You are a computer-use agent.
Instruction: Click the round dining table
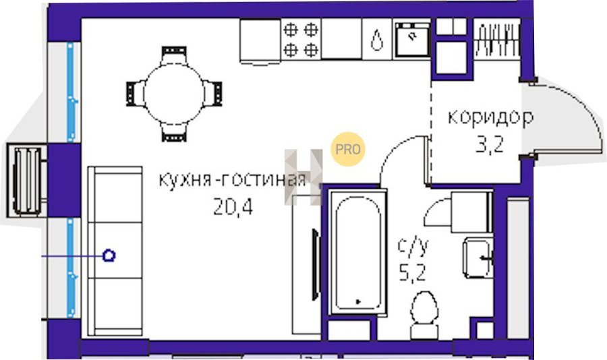pos(174,94)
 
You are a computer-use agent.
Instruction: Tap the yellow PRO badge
pos(347,149)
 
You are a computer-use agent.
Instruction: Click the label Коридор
pos(490,118)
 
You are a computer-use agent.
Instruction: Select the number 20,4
pos(233,207)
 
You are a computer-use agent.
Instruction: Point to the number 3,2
pos(490,145)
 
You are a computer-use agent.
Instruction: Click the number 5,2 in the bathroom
pos(413,273)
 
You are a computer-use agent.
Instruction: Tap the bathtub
pos(357,252)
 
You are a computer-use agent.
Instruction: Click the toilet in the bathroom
pos(424,315)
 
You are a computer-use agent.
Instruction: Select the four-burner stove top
pos(301,39)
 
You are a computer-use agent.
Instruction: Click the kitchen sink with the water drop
pos(377,39)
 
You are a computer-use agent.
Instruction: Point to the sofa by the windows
pos(115,251)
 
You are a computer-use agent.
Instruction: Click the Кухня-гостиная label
pos(232,180)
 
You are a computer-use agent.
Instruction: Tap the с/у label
pos(413,247)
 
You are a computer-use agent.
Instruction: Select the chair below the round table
pos(174,133)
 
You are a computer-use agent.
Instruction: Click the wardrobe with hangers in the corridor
pos(496,39)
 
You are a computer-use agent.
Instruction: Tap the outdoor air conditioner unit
pos(27,181)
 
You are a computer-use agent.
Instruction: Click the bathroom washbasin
pos(478,258)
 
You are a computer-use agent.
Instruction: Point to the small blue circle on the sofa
pos(109,256)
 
